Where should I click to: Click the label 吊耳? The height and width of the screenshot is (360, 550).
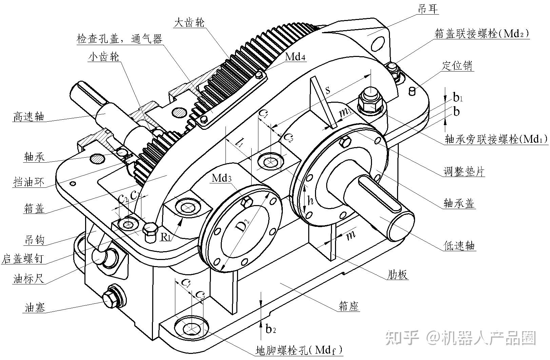point(428,9)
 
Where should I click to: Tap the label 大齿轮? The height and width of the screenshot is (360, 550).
point(189,22)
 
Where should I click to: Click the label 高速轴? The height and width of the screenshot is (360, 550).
point(29,116)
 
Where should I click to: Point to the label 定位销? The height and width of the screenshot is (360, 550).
point(457,65)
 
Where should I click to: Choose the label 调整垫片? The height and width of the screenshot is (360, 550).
point(464,172)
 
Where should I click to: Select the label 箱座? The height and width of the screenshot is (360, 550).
point(349,306)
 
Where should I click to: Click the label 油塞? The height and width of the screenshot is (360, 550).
point(35,308)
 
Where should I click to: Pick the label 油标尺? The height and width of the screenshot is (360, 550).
point(29,279)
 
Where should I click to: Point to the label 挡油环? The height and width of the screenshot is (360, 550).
point(29,182)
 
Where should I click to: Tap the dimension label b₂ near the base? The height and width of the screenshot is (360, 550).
point(271,328)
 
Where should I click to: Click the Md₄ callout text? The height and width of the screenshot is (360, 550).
point(295,57)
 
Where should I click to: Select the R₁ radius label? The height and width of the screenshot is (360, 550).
point(165,236)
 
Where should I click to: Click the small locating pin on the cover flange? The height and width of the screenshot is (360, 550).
point(412,91)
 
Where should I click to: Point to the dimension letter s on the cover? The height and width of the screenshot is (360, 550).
point(328,90)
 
